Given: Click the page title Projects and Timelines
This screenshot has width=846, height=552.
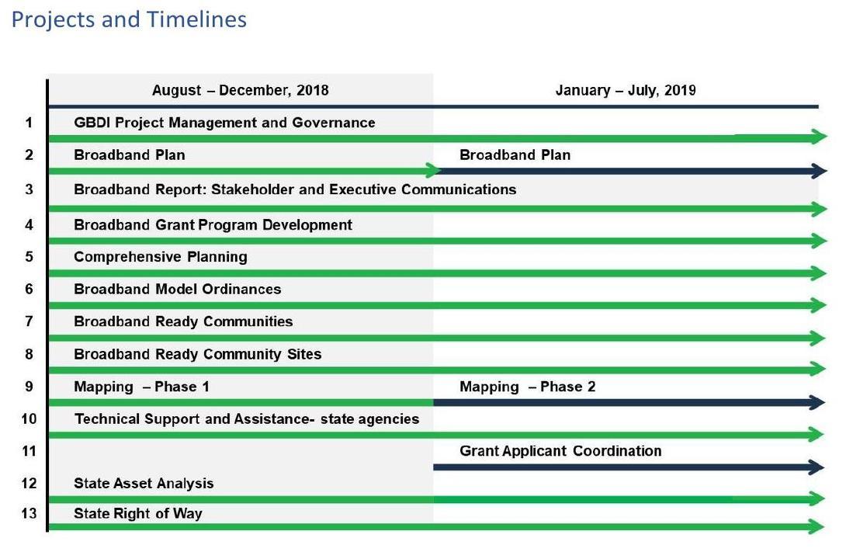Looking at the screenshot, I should click(129, 19).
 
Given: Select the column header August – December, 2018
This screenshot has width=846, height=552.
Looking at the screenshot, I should click(240, 90).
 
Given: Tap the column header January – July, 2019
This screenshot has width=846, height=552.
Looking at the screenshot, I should click(626, 90).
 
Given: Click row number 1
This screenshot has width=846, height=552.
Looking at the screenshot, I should click(29, 123).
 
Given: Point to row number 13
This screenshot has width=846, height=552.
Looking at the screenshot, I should click(29, 514).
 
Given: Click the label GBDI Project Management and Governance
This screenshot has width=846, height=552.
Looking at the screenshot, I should click(224, 123).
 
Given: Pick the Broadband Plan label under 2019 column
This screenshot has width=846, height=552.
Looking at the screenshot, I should click(515, 155).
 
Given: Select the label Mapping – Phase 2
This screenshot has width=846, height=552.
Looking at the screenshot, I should click(527, 387).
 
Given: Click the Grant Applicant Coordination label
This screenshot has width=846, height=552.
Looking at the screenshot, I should click(560, 451).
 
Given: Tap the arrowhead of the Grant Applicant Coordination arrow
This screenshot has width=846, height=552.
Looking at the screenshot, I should click(817, 467).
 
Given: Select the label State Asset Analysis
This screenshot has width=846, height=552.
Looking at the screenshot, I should click(144, 484).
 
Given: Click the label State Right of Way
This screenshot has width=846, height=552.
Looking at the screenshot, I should click(137, 514).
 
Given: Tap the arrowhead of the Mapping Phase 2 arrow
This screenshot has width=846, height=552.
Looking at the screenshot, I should click(817, 403).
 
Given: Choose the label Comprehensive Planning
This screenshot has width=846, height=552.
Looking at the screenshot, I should click(160, 257).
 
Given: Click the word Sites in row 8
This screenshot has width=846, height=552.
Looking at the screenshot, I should click(305, 355).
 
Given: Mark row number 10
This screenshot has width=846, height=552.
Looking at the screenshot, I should click(29, 419).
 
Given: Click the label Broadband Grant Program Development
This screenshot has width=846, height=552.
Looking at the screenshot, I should click(213, 225).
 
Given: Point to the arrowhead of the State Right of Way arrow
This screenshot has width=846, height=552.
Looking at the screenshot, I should click(817, 528).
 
